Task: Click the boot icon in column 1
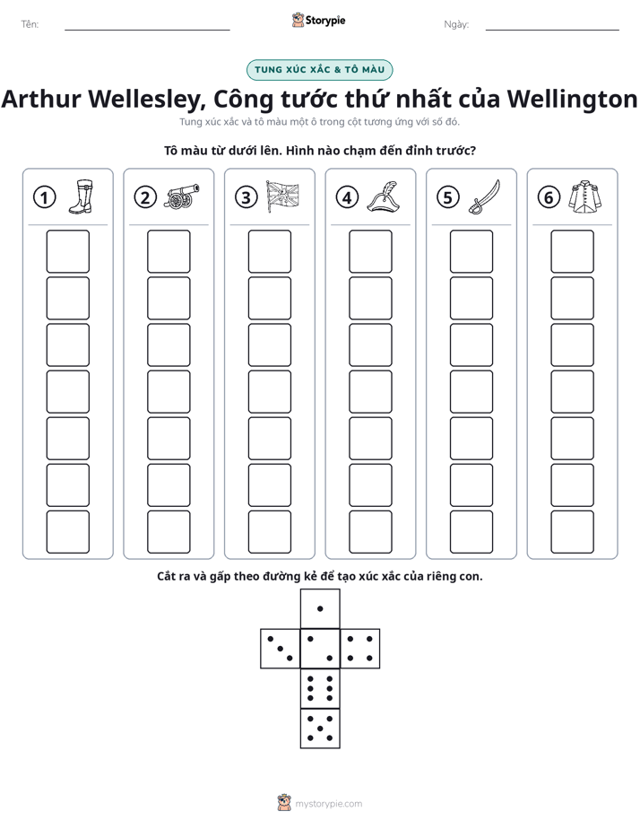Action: coord(81,196)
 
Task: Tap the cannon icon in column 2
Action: coord(182,196)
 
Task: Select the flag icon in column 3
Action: coord(282,196)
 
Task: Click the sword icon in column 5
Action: coord(484,197)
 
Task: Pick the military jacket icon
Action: coord(585,196)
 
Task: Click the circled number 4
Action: coord(347,197)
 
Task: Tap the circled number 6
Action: coord(549,197)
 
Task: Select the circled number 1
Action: coord(44,197)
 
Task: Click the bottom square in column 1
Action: coord(67,532)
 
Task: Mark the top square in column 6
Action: coord(573,251)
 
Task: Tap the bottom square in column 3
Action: coord(269,532)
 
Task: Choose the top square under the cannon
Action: coord(169,251)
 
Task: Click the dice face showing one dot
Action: coord(320,608)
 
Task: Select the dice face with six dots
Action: coord(320,688)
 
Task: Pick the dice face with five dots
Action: coord(320,728)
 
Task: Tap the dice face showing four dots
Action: coord(360,649)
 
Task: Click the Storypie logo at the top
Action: coord(318,21)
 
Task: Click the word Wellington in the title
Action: coord(573,99)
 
